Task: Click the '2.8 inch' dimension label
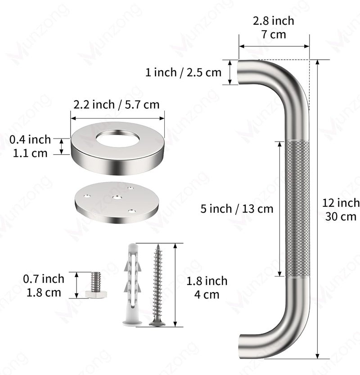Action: pos(273,21)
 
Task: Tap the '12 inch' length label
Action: pos(341,203)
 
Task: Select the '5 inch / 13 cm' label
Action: pos(237,209)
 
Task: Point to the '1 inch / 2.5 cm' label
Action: pos(183,72)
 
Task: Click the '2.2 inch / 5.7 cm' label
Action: pos(117,105)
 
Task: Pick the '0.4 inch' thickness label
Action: pos(30,139)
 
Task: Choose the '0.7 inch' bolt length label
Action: pos(44,279)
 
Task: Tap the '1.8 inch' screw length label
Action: pos(207,281)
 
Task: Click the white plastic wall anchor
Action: pos(132,285)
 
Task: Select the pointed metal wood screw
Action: pos(157,285)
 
